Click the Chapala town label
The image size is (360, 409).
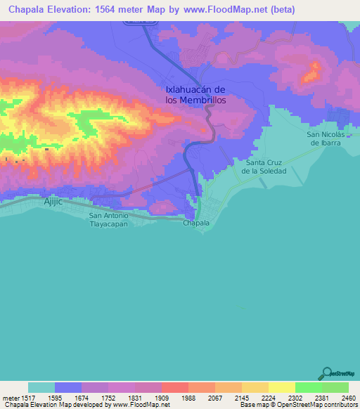tap(196, 223)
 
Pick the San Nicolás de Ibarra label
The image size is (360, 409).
tap(324, 138)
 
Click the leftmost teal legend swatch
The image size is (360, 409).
tap(41, 387)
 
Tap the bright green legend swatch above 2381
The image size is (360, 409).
tap(309, 387)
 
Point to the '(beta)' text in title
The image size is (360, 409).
tap(281, 9)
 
